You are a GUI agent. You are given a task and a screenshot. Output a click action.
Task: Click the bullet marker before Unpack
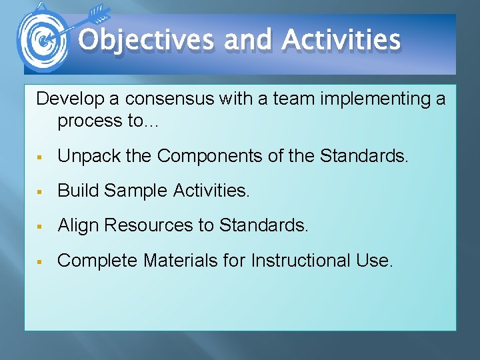click(x=41, y=157)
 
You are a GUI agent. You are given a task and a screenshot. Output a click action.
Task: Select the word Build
click(x=75, y=191)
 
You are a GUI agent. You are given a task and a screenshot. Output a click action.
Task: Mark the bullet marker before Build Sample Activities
click(x=41, y=192)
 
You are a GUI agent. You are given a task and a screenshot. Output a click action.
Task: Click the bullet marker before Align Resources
click(x=41, y=227)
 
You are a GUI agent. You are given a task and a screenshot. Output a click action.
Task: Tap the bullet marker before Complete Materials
click(x=41, y=261)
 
